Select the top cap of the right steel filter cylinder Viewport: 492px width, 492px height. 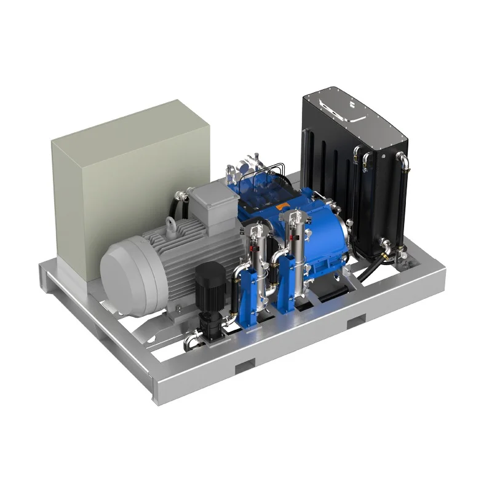tap(294, 215)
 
